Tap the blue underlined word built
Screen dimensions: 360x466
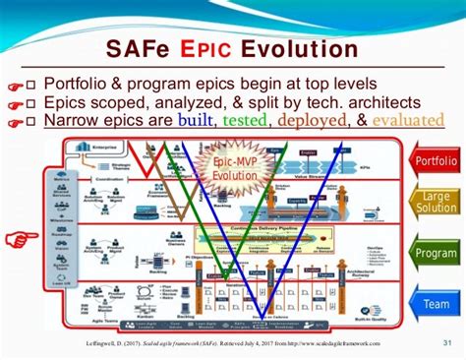tap(196, 121)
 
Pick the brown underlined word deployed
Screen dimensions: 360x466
tap(312, 121)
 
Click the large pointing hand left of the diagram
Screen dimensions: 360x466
tap(18, 237)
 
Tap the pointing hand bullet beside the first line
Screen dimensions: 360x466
tap(14, 85)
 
